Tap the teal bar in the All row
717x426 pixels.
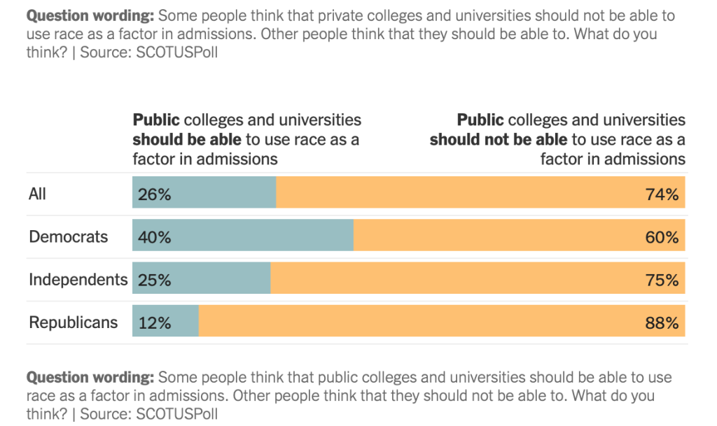point(224,193)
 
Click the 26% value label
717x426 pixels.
point(155,194)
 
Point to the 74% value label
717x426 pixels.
point(662,194)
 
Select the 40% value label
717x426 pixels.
point(155,237)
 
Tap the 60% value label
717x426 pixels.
point(662,237)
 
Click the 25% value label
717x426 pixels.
point(155,280)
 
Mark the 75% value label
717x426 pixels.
point(662,280)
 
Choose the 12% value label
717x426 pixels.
point(155,323)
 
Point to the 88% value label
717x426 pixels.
point(662,323)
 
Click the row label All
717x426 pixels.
point(37,193)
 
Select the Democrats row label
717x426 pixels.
point(69,236)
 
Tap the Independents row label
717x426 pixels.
point(78,280)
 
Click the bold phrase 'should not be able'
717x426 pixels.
point(498,139)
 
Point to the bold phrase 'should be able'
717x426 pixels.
point(187,139)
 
